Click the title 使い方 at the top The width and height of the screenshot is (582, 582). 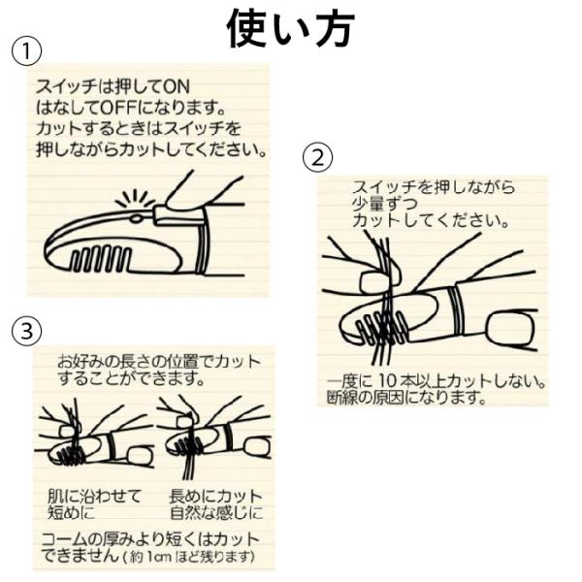coord(290,28)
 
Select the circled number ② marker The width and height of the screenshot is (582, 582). coord(319,156)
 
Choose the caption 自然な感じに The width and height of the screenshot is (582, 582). coord(215,510)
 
